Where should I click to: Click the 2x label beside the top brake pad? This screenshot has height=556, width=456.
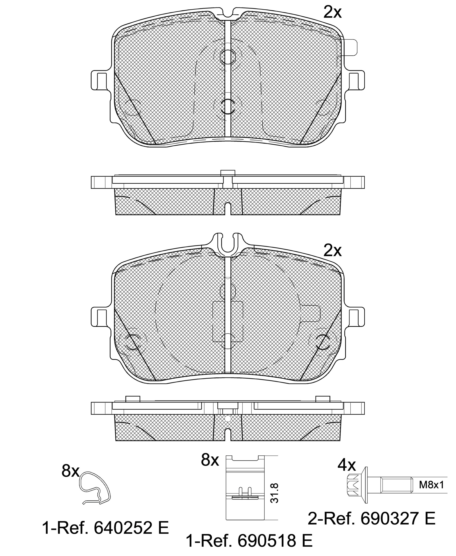(332, 12)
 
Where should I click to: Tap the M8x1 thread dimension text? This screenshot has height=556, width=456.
(431, 485)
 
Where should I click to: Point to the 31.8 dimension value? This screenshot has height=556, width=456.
(274, 493)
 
